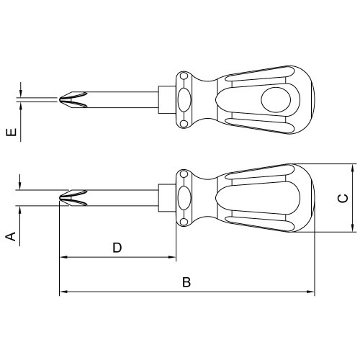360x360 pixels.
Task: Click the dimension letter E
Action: point(12,132)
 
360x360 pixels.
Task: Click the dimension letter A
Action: point(11,236)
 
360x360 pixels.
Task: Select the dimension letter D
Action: point(117,248)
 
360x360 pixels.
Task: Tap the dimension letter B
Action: point(186,282)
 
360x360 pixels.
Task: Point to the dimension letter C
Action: point(343,198)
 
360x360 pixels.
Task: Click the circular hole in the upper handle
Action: point(276,100)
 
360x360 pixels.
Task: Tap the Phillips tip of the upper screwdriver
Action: point(73,99)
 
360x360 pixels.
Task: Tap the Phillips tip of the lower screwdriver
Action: point(73,198)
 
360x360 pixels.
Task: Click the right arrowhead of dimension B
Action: point(310,292)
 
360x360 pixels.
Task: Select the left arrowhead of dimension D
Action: point(63,257)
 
